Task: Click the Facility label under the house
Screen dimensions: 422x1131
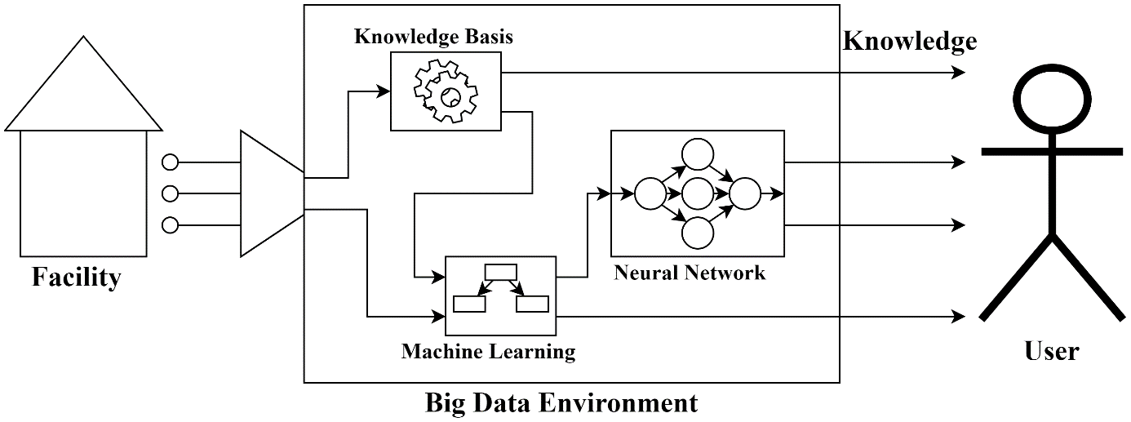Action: click(76, 278)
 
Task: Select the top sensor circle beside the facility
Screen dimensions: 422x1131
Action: click(171, 162)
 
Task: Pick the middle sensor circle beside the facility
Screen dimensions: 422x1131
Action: click(171, 193)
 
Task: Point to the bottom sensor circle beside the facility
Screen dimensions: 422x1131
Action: click(171, 224)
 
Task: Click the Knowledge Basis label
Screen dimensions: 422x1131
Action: click(433, 38)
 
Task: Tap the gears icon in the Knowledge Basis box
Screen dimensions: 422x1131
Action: click(445, 91)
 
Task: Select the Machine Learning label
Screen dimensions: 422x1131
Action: click(488, 352)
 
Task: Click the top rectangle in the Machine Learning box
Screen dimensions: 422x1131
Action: click(500, 272)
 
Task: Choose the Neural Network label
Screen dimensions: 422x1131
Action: click(690, 273)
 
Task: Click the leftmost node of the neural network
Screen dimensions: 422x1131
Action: click(650, 194)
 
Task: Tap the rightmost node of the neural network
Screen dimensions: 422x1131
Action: click(744, 194)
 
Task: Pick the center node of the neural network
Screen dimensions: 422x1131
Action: click(697, 194)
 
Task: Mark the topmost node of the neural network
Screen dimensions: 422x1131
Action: click(697, 154)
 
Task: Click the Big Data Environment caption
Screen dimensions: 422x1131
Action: click(561, 402)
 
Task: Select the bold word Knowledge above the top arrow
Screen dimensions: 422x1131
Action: click(909, 41)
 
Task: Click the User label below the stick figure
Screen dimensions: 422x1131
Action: click(1051, 351)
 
